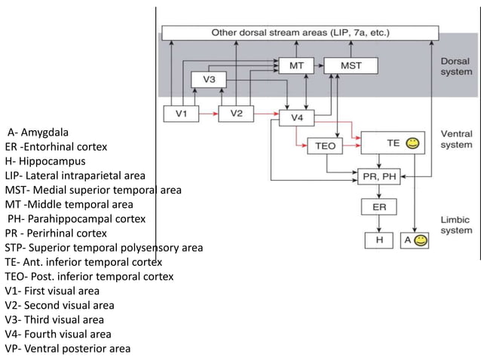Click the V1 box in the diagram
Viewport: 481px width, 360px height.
(x=182, y=114)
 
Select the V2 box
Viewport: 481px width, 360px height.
(x=237, y=114)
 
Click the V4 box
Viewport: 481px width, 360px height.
(x=298, y=118)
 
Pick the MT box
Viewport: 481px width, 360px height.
(x=297, y=66)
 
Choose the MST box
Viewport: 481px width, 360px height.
(x=351, y=66)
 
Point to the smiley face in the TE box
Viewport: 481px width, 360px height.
(x=412, y=142)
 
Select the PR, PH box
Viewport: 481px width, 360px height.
(x=380, y=175)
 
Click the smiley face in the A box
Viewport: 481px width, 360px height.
(x=420, y=239)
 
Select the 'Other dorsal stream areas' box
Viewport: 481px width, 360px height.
(x=300, y=33)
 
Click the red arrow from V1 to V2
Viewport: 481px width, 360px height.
(x=209, y=114)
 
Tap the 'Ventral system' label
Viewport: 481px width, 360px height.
(x=457, y=139)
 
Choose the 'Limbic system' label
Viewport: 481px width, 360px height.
(x=456, y=224)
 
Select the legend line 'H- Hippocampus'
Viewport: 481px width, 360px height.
(x=44, y=161)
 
